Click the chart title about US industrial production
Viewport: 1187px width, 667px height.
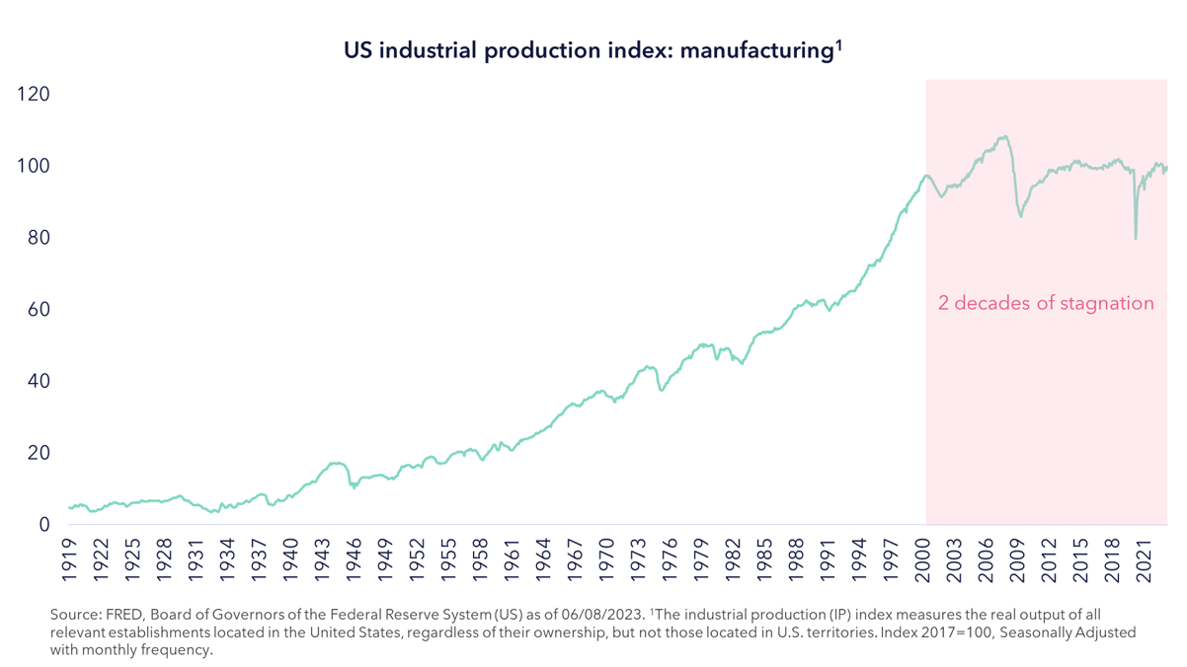click(592, 50)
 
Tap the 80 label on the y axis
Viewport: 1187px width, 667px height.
click(33, 238)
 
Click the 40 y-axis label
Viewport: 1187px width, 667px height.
click(33, 382)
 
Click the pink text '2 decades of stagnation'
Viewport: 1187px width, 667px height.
click(1046, 303)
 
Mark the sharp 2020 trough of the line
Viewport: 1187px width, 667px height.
click(1136, 238)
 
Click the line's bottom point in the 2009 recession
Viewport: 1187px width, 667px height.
click(1021, 216)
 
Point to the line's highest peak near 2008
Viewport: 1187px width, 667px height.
click(1004, 137)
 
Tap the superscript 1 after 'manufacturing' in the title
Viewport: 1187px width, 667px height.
click(837, 42)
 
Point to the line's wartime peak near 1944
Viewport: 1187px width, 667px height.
click(337, 462)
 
